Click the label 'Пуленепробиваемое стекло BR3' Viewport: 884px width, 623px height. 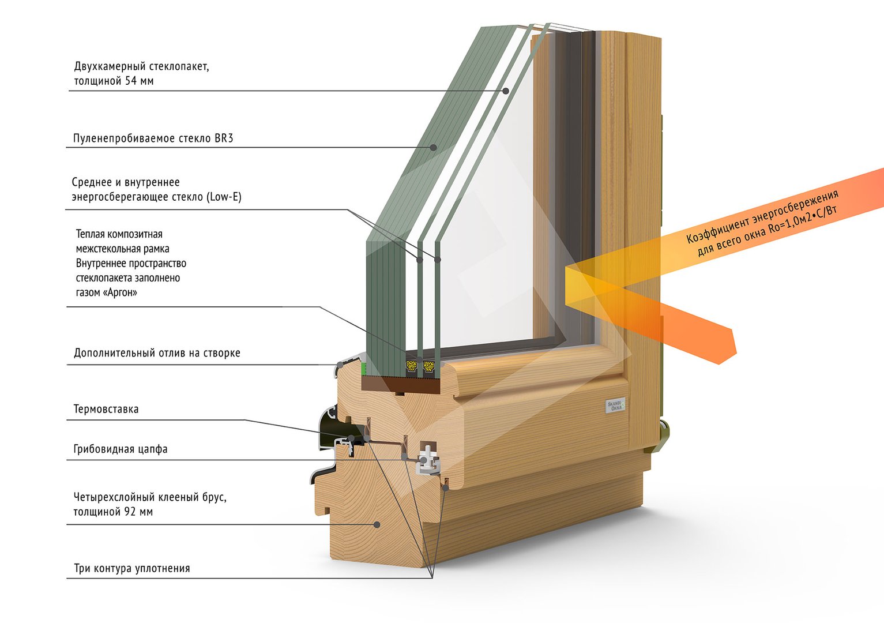pos(153,138)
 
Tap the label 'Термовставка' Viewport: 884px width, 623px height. pos(106,410)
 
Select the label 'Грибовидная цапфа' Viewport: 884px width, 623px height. pos(121,449)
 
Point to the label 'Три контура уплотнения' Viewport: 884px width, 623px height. pos(132,569)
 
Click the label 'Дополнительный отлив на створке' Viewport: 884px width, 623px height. pos(157,353)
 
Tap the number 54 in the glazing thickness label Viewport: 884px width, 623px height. pos(131,81)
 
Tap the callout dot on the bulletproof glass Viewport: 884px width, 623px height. pos(433,147)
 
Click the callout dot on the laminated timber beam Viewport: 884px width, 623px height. pos(377,524)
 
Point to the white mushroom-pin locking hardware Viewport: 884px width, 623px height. pos(429,459)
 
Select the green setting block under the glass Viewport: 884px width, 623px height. pos(364,368)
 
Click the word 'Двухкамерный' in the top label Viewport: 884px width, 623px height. pos(109,66)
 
